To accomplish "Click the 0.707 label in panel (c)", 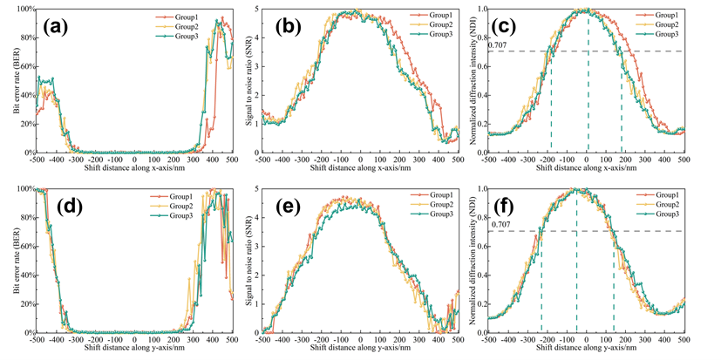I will [499, 44].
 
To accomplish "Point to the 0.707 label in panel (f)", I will [499, 226].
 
